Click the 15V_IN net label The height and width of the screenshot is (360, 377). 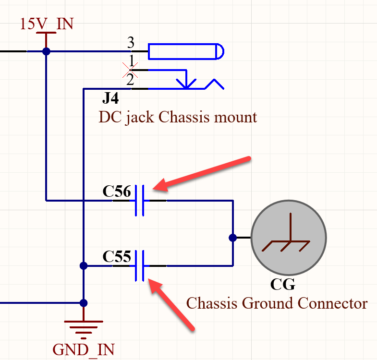coord(46,24)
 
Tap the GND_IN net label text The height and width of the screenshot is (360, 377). coord(84,349)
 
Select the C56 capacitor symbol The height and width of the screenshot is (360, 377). coord(140,200)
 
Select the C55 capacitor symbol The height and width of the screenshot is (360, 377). coord(140,265)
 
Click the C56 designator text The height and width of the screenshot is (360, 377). coord(117,192)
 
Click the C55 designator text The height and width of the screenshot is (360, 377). coord(117,257)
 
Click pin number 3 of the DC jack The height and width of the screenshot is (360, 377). coord(130,43)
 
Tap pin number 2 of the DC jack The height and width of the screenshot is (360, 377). coord(130,80)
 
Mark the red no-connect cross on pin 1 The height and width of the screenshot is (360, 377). coord(130,70)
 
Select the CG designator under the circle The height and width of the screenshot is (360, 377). coord(282,285)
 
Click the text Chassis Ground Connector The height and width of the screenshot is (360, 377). coord(277,303)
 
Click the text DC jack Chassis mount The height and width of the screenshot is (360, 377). coord(178,117)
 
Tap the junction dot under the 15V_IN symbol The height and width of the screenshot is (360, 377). coord(46,51)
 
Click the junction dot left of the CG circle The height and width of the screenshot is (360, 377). coord(233,237)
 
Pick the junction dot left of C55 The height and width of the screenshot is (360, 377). coord(84,265)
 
